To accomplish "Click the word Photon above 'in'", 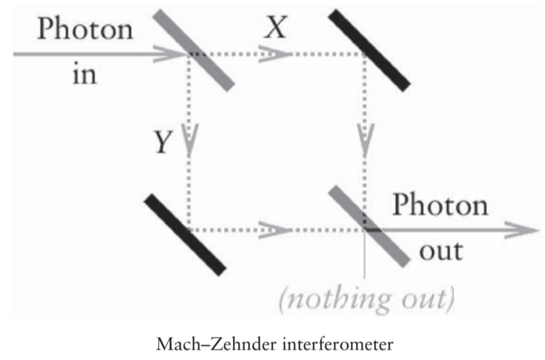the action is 84,30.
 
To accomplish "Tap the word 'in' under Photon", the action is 84,75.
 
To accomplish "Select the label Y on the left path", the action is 163,141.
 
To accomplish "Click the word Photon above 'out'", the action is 440,204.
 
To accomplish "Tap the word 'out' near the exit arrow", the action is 440,249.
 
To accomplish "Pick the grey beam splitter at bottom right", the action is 369,225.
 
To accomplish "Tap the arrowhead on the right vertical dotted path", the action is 365,142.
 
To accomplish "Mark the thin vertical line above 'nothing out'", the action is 365,261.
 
